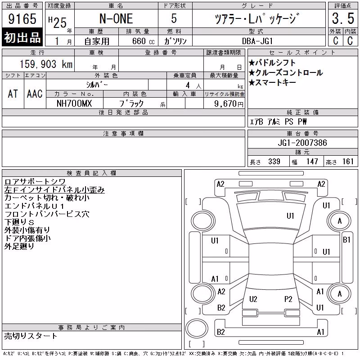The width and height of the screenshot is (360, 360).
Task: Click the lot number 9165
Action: coord(22,19)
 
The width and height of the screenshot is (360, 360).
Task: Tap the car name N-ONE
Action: coord(116,19)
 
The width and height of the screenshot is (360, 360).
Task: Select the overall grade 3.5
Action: coord(343,18)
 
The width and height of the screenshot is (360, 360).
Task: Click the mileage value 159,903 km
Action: coord(46,64)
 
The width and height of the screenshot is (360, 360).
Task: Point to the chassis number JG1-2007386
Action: coord(302,143)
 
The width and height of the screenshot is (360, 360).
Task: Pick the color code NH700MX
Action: coord(74,103)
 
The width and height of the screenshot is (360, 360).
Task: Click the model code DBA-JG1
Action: coord(257,41)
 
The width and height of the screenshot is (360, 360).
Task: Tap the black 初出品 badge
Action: coord(22,37)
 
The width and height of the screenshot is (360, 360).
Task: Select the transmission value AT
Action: coord(13,94)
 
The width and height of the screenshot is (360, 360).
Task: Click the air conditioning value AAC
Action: coord(35,94)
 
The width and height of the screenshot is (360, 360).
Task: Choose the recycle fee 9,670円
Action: coord(229,104)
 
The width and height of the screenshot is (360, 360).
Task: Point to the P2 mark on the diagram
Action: coord(288,299)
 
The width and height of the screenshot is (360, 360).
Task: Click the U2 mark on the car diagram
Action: coord(253,299)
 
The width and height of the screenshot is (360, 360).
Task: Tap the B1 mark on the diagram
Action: coord(346,240)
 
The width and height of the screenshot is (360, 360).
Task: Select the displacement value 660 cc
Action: coord(144,41)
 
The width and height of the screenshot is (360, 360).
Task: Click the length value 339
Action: coord(274,162)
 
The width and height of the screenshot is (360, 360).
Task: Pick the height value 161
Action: coord(348,162)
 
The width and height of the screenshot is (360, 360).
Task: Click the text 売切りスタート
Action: coord(30,336)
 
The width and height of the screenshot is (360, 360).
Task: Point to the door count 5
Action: coord(174,18)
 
